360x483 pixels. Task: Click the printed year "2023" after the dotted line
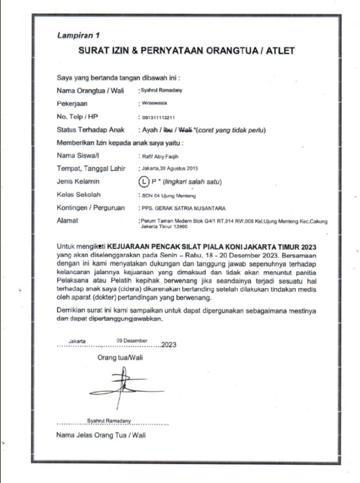point(169,344)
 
